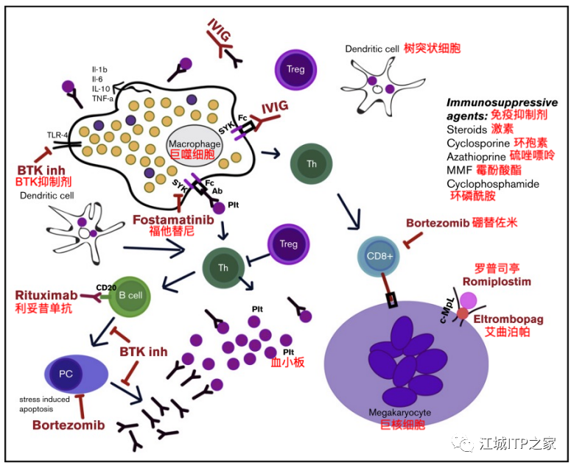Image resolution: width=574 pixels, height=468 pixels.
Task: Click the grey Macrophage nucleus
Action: coord(191,142)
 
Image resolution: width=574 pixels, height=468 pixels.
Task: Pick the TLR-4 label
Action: coord(58,135)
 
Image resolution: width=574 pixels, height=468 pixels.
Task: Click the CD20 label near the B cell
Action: coord(106,287)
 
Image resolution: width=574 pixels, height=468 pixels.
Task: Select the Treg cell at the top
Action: coord(295,71)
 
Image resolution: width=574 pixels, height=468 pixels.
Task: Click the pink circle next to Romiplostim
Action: coord(469,299)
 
